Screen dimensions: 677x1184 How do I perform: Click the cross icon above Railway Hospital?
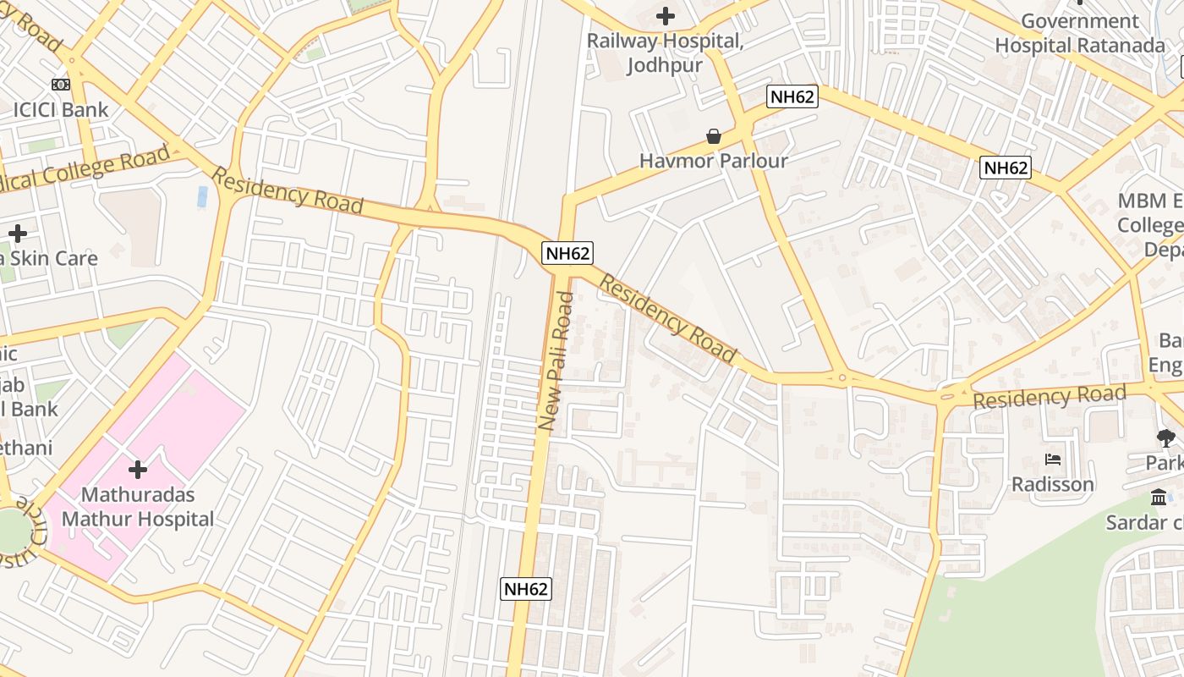click(666, 15)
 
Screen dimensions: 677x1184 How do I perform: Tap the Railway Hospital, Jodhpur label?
click(666, 52)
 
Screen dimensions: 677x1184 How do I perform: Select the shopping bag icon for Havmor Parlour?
click(714, 136)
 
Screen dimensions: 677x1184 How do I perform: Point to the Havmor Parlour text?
click(714, 161)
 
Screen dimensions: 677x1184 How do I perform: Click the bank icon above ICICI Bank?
click(61, 85)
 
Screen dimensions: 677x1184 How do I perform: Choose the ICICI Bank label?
click(61, 109)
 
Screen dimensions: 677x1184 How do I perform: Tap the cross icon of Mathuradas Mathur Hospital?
click(138, 470)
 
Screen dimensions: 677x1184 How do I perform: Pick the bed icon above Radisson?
click(1053, 460)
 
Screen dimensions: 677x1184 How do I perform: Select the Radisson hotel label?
click(1053, 484)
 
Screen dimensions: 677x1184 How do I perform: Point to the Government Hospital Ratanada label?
click(1080, 33)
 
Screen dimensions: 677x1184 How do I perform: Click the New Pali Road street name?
click(556, 361)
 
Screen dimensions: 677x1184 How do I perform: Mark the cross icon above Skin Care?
click(18, 233)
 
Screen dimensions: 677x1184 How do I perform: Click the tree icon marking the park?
click(1165, 438)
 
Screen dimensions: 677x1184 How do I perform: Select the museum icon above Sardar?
click(1159, 497)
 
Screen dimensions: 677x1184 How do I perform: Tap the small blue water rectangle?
click(202, 196)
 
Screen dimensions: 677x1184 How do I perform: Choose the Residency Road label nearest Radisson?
click(1049, 395)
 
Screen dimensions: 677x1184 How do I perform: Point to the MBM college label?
click(1150, 224)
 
